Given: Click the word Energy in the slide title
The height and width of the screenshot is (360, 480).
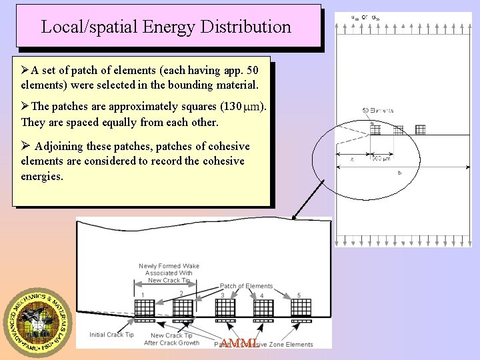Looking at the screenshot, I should click(x=155, y=27).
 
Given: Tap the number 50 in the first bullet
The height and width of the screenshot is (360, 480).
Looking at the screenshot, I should click(x=252, y=70).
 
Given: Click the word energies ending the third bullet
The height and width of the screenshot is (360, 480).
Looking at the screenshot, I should click(x=42, y=176).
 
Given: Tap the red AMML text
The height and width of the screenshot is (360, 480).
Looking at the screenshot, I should click(x=239, y=343).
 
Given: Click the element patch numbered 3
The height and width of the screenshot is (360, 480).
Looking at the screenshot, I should click(x=225, y=308).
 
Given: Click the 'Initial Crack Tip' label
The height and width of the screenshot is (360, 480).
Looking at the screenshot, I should click(x=111, y=335).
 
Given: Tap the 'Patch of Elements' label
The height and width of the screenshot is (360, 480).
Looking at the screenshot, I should click(x=246, y=286).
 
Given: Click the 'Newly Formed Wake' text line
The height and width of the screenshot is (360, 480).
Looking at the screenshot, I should click(x=169, y=266).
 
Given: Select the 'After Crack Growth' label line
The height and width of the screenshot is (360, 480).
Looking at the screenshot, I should click(x=171, y=343).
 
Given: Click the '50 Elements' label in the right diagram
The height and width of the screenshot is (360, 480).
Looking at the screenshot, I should click(x=377, y=110).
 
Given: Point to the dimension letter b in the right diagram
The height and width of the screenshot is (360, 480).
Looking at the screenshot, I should click(x=399, y=172).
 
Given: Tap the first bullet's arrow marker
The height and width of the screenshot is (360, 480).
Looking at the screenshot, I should click(x=25, y=70).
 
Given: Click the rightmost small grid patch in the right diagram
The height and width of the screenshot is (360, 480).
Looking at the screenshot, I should click(x=420, y=129).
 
